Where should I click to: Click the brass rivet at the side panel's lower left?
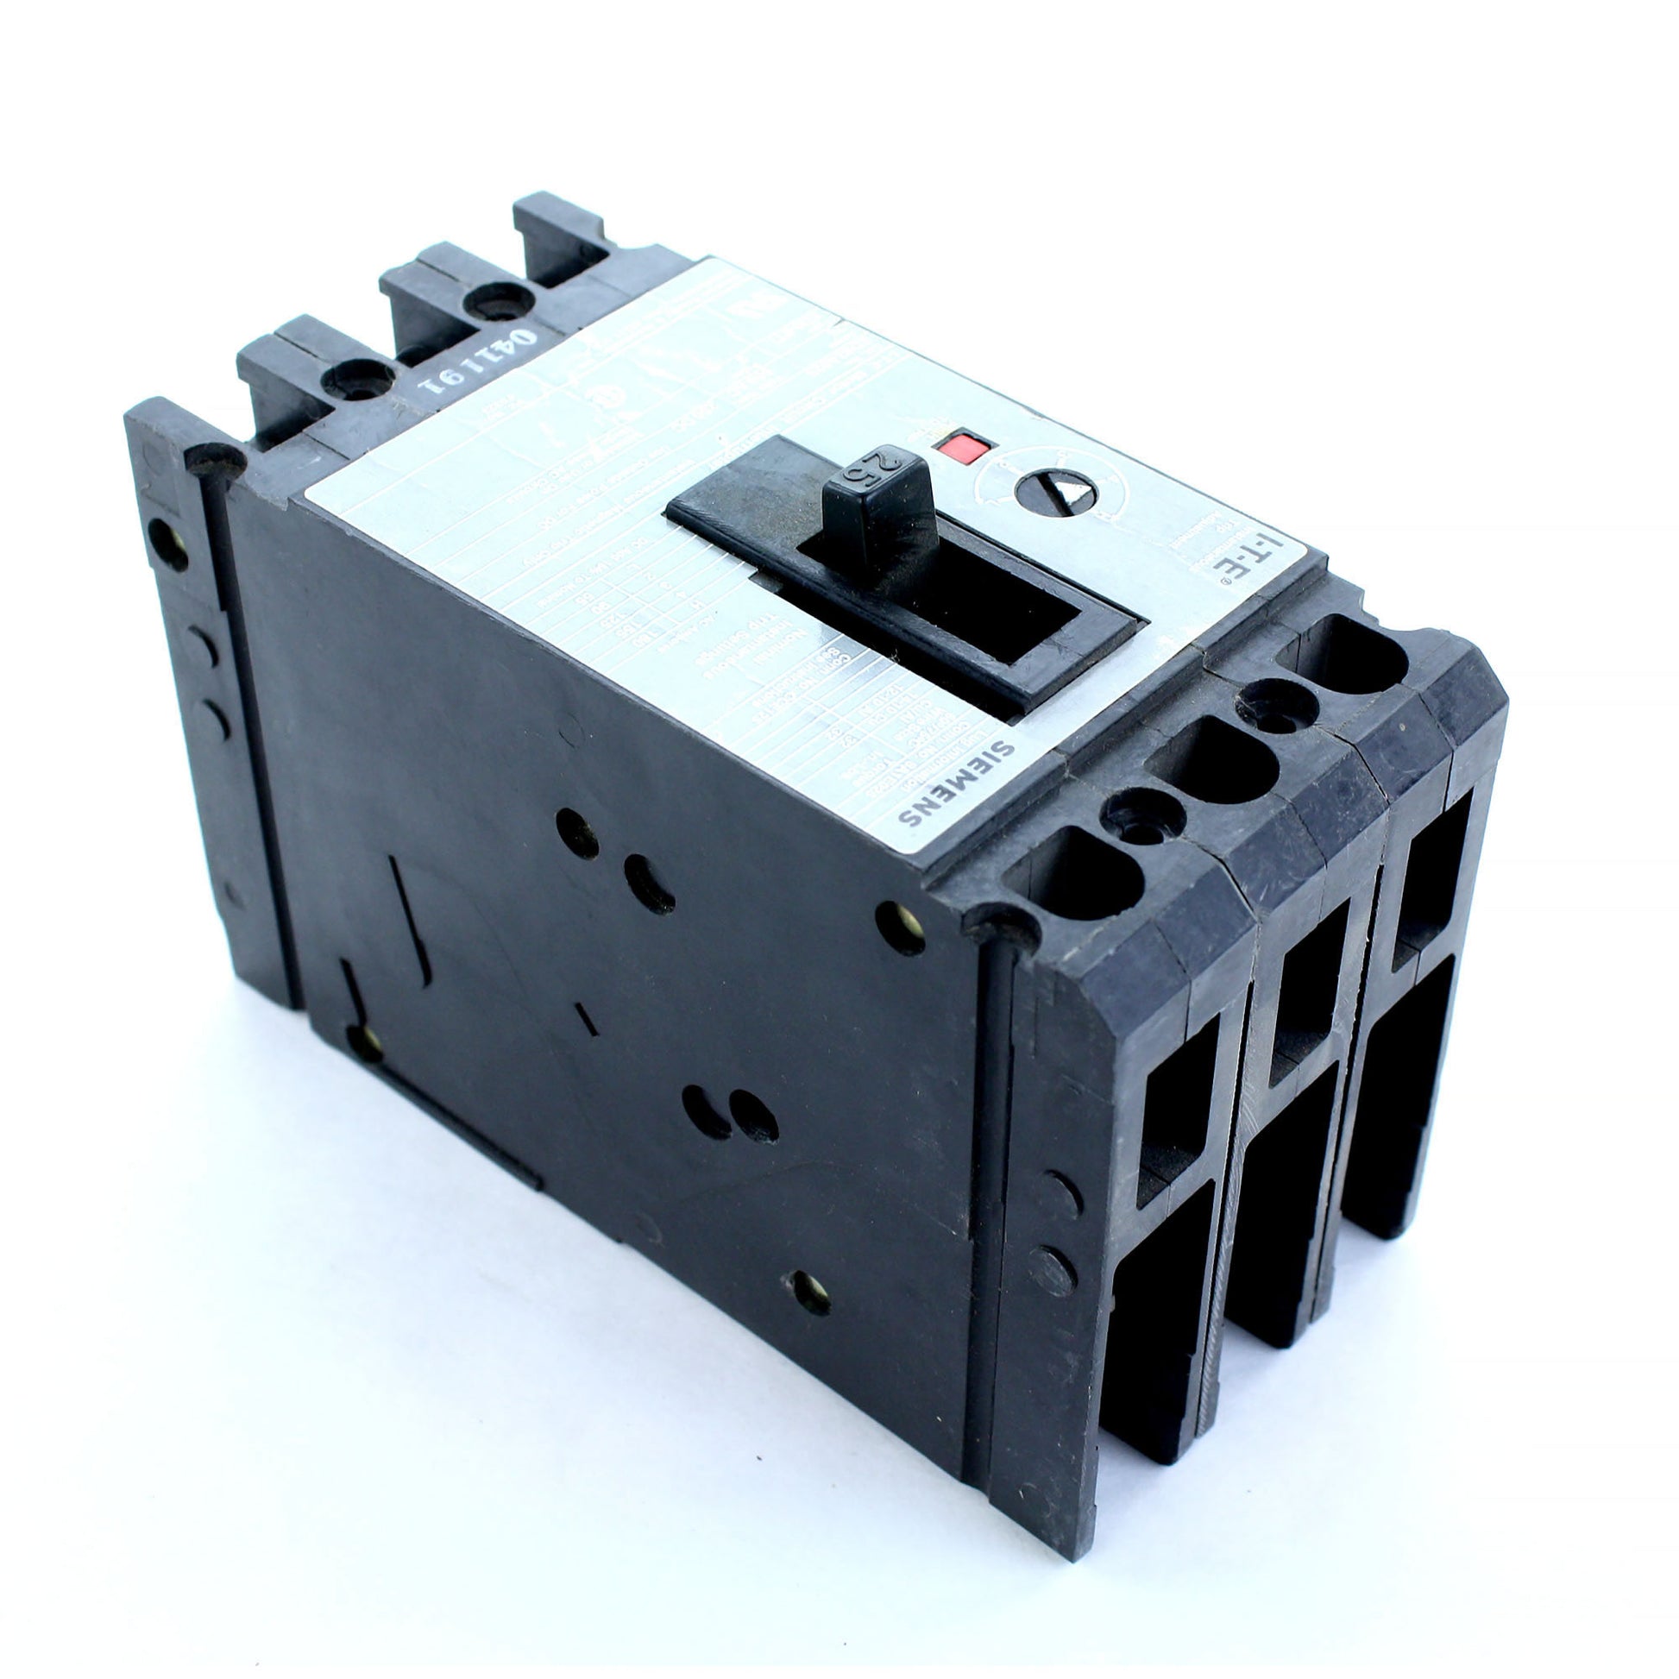pos(365,1044)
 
